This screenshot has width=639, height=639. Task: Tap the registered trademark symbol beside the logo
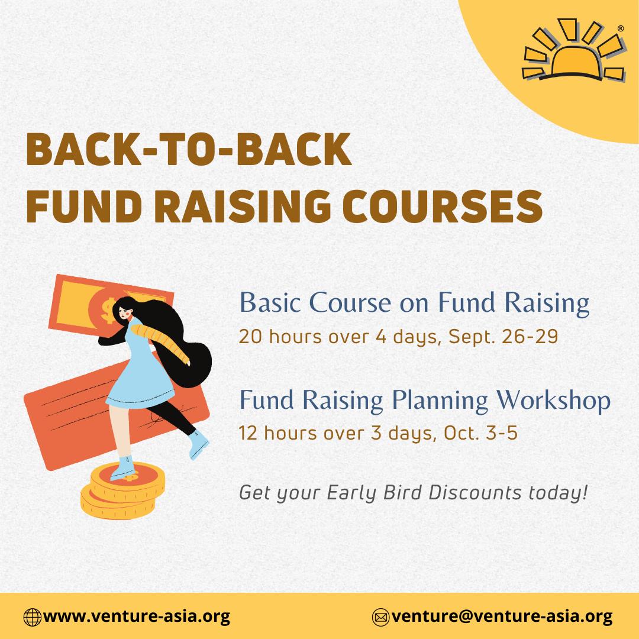click(x=621, y=28)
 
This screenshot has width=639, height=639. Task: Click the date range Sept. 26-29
click(x=503, y=337)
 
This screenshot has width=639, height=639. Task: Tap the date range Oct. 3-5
click(x=480, y=433)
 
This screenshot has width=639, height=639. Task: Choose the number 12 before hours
click(x=248, y=433)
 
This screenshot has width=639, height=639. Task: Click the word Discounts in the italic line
click(x=475, y=492)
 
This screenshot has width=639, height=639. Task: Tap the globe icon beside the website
click(x=33, y=617)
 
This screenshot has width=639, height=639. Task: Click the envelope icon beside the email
click(x=381, y=617)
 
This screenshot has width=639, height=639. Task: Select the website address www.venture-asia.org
click(x=137, y=617)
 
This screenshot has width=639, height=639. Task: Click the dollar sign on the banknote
click(x=108, y=310)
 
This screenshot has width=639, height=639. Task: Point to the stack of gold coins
click(x=122, y=491)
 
